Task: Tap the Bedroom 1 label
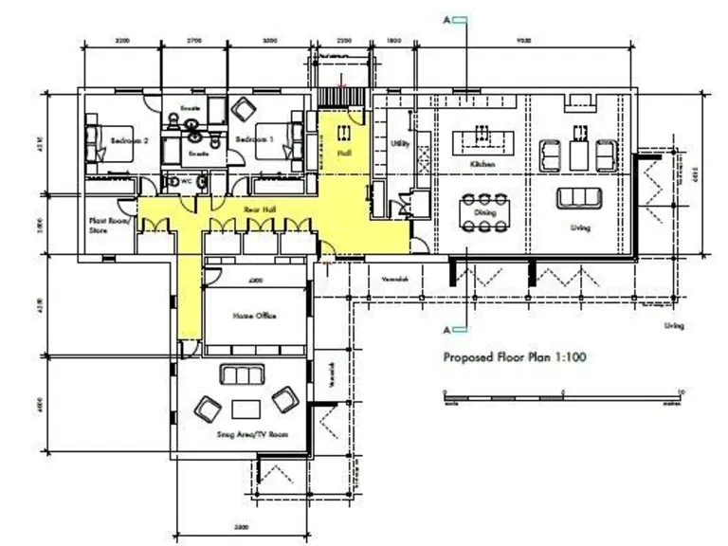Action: click(253, 140)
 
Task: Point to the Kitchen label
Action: click(483, 164)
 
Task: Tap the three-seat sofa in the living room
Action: click(579, 198)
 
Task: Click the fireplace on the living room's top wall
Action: click(580, 99)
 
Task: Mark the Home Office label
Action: click(253, 316)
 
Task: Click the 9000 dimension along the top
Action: click(523, 41)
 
